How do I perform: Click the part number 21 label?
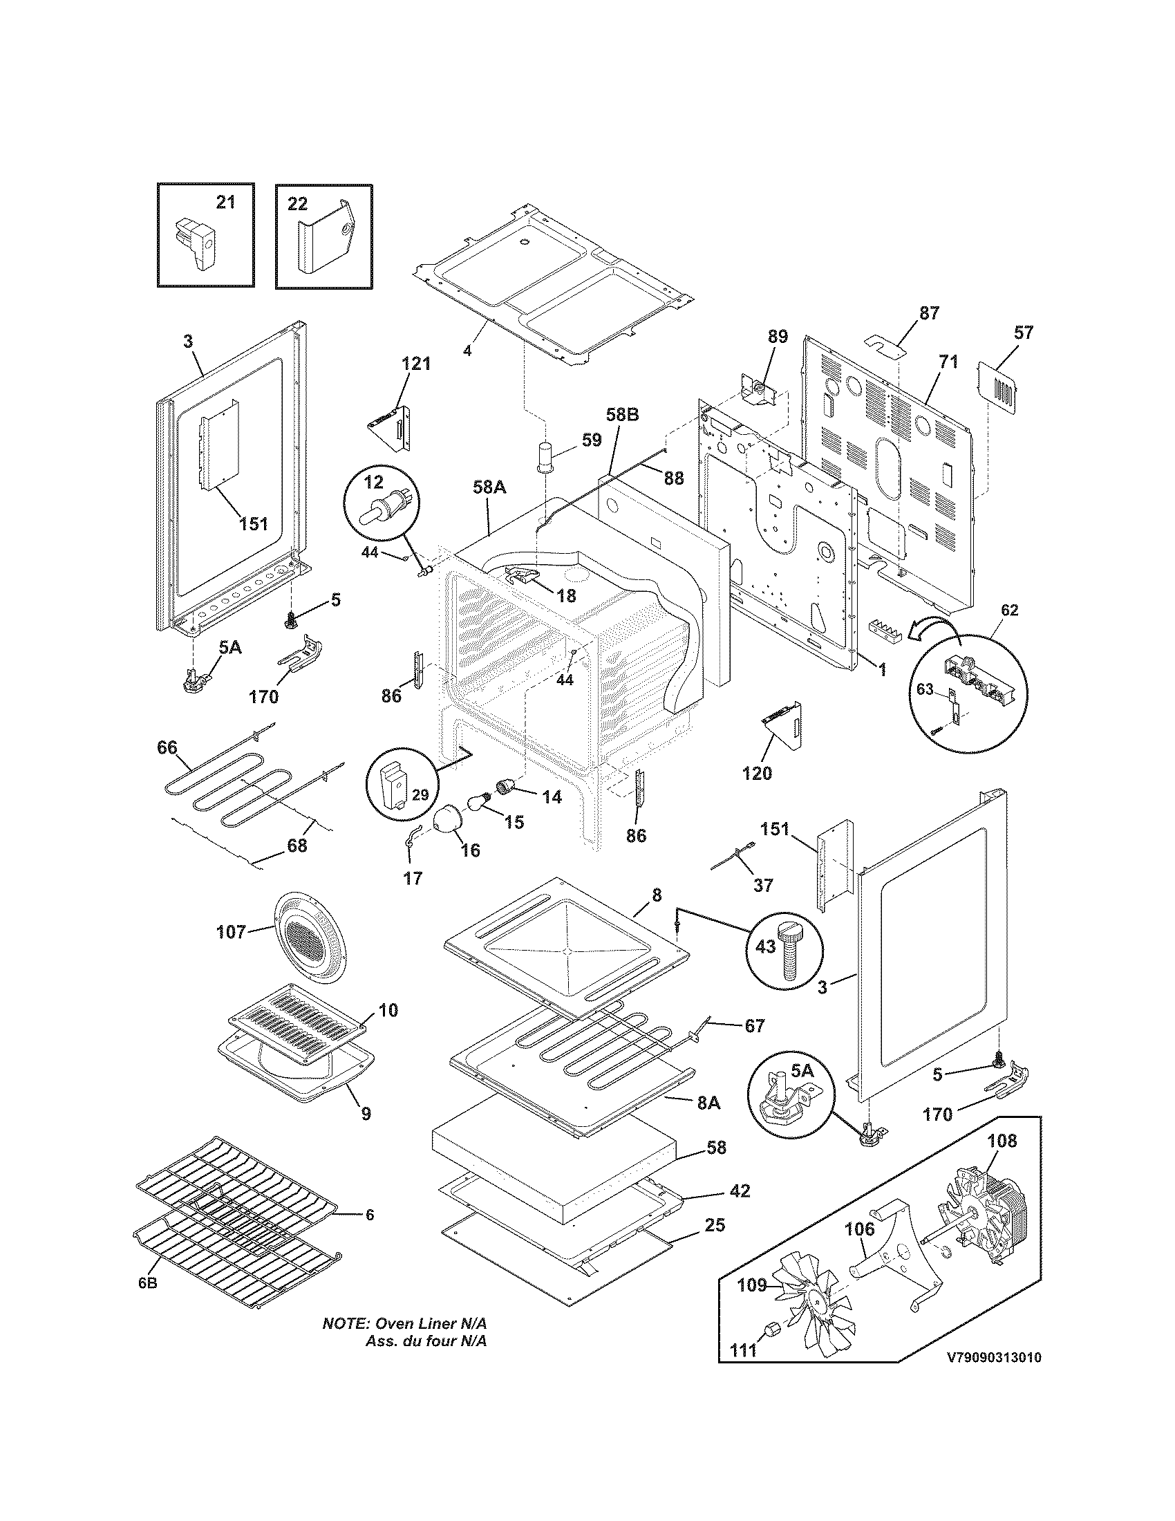pos(225,202)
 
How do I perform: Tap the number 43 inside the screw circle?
pos(765,947)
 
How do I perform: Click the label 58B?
pos(621,415)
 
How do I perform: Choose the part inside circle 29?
pos(395,785)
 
